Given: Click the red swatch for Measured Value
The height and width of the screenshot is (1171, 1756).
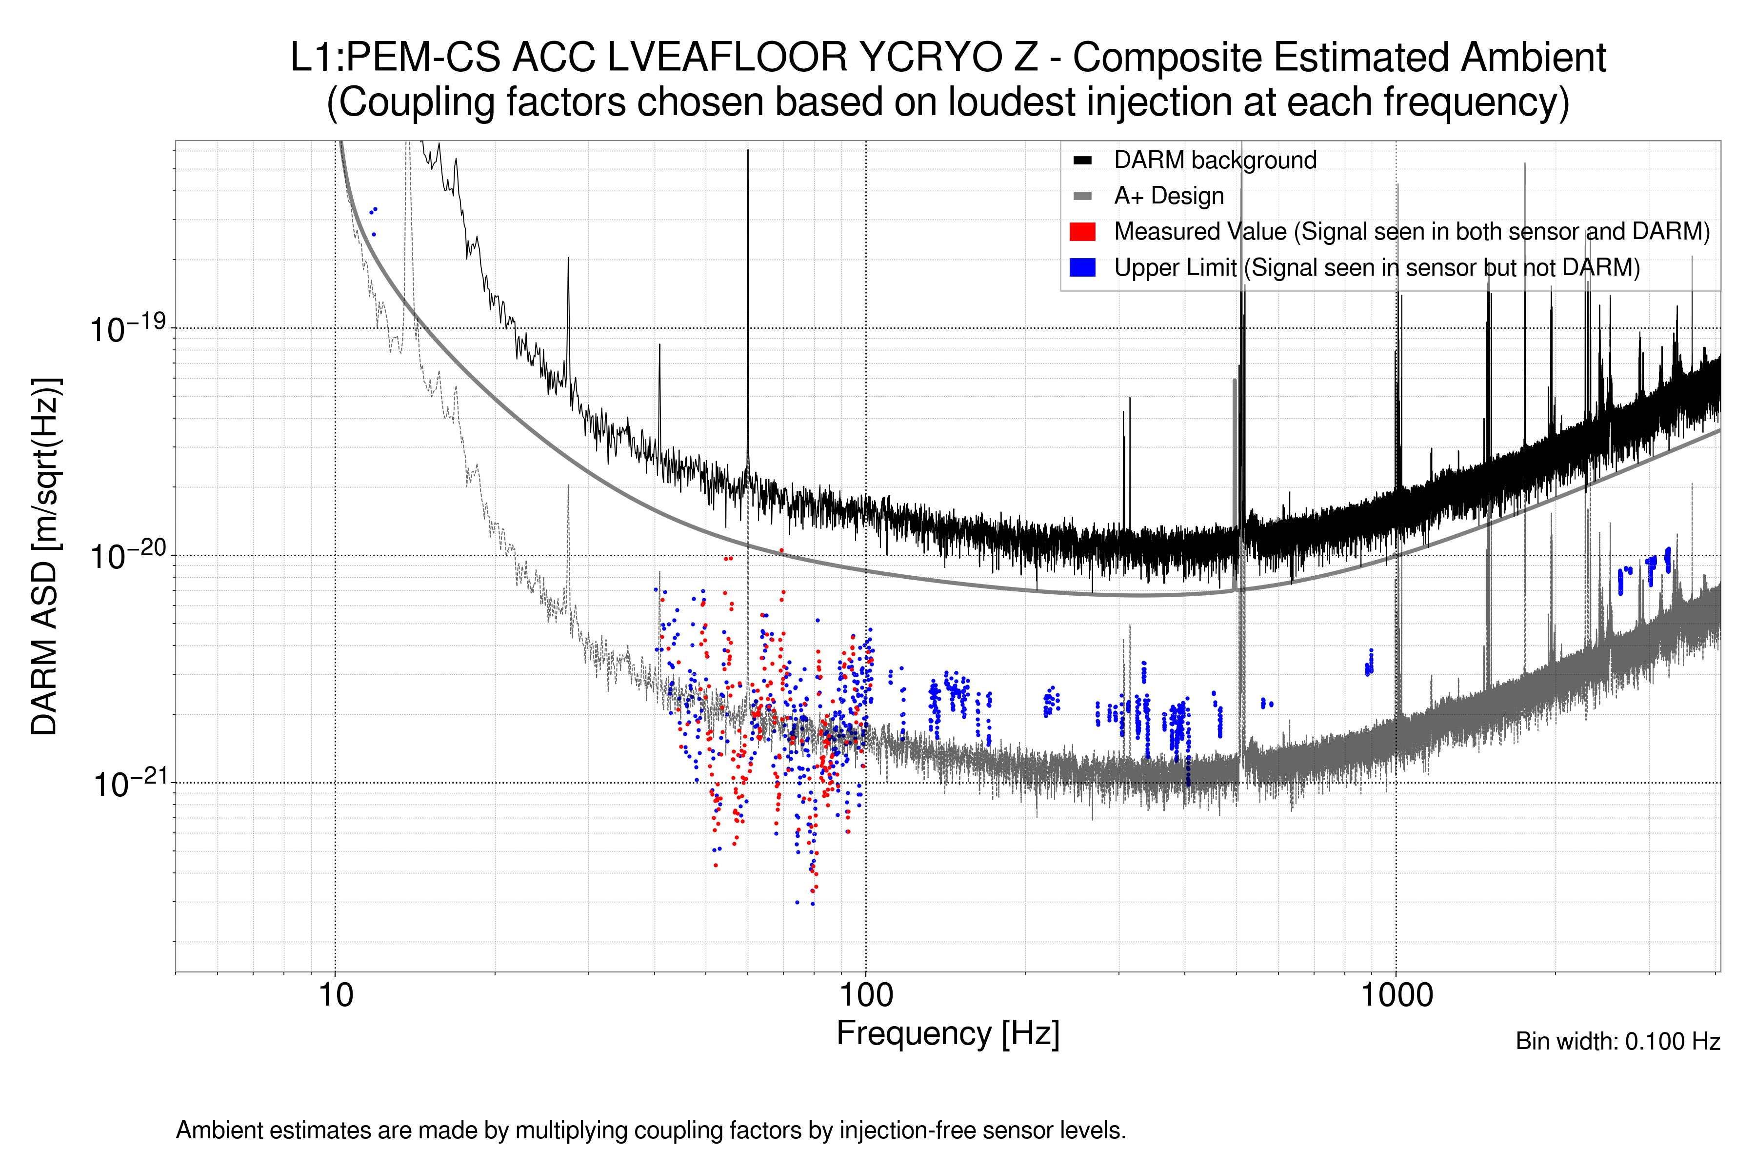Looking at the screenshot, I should click(x=1082, y=231).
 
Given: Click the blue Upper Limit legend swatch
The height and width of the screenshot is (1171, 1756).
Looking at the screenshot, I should click(x=1082, y=267).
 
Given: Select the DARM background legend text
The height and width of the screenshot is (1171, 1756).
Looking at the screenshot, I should click(x=1215, y=160).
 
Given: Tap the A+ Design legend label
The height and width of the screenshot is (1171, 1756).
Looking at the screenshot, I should click(x=1168, y=196).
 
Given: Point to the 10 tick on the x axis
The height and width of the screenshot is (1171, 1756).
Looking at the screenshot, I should click(x=335, y=995).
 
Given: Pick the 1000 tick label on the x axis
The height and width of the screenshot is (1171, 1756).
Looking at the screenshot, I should click(x=1396, y=995).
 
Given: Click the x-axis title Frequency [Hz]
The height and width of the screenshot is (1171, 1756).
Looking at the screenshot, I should click(x=947, y=1033).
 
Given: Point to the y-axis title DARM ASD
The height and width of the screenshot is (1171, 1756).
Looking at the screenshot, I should click(x=45, y=556).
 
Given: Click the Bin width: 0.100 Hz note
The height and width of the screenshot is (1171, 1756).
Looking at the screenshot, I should click(x=1617, y=1041).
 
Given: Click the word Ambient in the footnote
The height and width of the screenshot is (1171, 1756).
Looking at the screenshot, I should click(x=219, y=1131).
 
